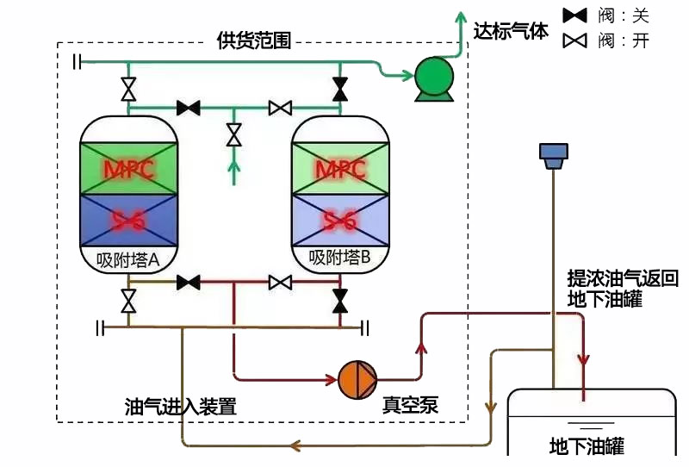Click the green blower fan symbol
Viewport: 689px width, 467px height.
[x=432, y=78]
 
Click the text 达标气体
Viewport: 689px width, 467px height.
[x=511, y=32]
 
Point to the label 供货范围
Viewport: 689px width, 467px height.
[x=254, y=40]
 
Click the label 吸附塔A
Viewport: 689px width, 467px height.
[x=128, y=258]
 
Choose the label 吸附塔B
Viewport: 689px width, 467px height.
[x=339, y=257]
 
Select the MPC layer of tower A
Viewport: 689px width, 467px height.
[x=128, y=168]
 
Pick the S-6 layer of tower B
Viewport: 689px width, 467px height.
[x=340, y=221]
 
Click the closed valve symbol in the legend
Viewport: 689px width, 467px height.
[x=574, y=16]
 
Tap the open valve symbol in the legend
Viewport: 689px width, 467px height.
[x=574, y=40]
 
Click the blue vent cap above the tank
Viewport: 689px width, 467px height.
[x=552, y=153]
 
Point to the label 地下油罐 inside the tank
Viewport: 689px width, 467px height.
[x=587, y=445]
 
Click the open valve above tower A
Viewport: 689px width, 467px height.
[x=128, y=89]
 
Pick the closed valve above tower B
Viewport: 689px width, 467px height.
[x=340, y=89]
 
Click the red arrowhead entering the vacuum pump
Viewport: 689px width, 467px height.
[x=330, y=378]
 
